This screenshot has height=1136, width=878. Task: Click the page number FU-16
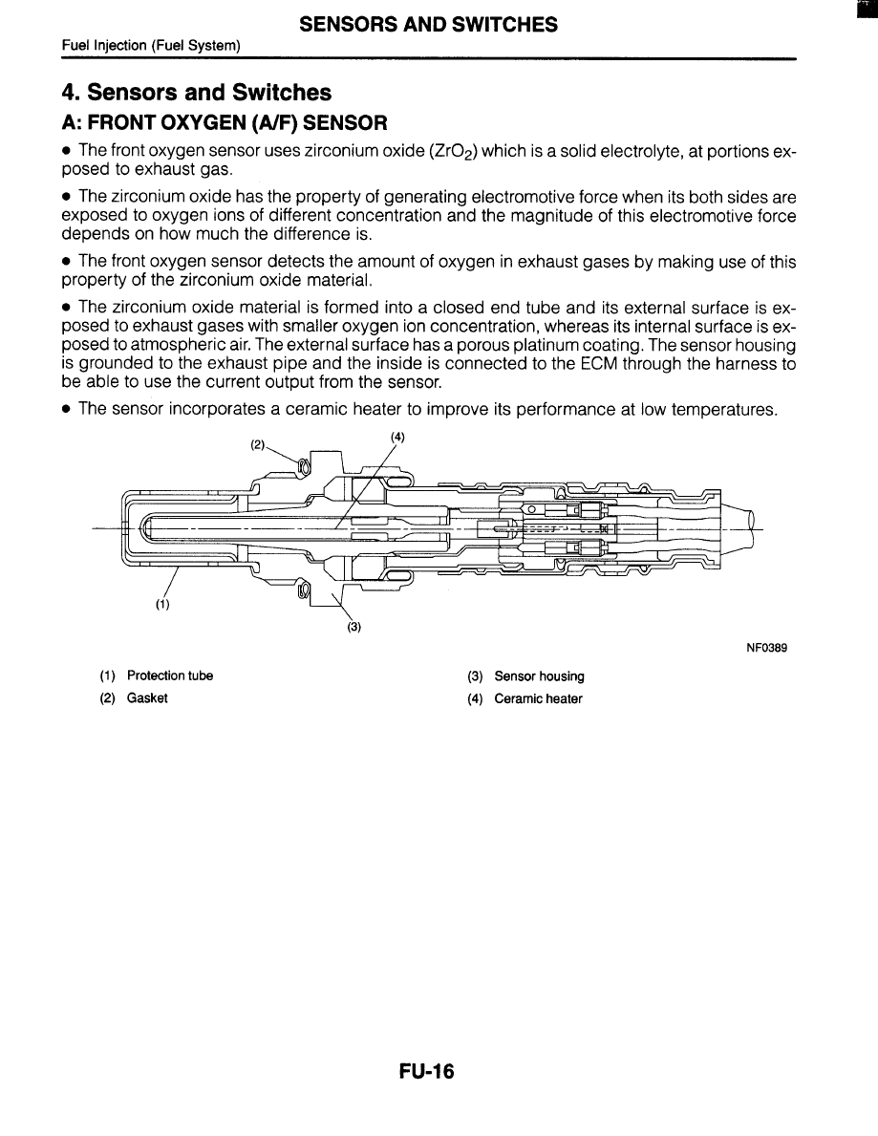coord(426,1073)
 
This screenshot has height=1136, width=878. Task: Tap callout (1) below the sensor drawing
coord(163,604)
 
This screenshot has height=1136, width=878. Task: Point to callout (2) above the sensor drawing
coord(257,444)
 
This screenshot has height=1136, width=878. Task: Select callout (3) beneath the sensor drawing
coord(353,628)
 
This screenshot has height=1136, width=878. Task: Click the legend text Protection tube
coord(169,675)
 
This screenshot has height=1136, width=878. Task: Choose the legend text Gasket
coord(147,698)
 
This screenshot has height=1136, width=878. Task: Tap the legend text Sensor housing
coord(539,676)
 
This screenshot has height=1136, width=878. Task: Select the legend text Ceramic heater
coord(538,698)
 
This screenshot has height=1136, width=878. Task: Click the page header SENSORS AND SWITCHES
coord(428,26)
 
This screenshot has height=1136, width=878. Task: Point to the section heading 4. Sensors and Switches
coord(196,93)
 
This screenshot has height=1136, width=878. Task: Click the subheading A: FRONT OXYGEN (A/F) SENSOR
coord(225,123)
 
